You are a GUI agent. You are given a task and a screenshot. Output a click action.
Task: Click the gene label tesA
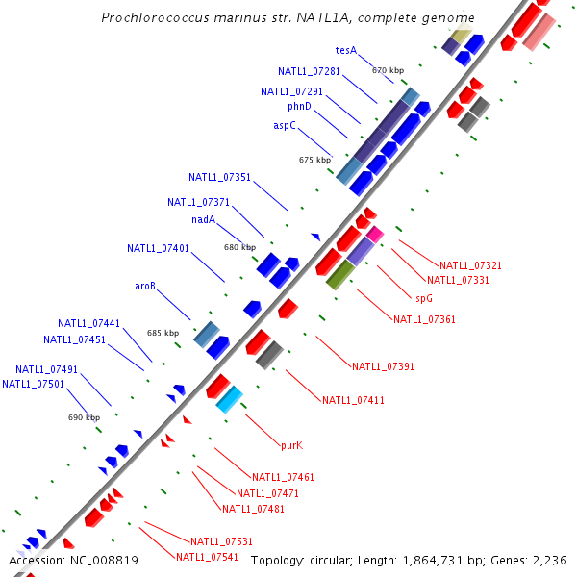pyautogui.click(x=346, y=49)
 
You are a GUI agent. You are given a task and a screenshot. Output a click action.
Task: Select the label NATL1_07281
pyautogui.click(x=309, y=71)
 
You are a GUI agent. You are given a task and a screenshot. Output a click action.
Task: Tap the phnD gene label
pyautogui.click(x=299, y=106)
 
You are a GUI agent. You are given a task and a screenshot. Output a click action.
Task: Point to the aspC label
pyautogui.click(x=285, y=125)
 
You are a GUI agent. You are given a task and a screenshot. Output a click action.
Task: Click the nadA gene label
pyautogui.click(x=203, y=219)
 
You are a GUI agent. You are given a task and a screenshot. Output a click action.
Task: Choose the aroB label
pyautogui.click(x=145, y=286)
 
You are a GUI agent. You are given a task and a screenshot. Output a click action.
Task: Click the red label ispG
pyautogui.click(x=422, y=298)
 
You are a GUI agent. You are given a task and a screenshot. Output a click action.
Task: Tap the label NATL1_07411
pyautogui.click(x=353, y=400)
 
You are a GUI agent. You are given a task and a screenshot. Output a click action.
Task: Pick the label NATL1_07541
pyautogui.click(x=207, y=557)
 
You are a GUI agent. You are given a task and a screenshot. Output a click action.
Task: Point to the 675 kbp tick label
pyautogui.click(x=314, y=160)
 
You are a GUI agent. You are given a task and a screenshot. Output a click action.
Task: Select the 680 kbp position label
pyautogui.click(x=239, y=247)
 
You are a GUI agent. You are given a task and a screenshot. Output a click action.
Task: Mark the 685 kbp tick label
pyautogui.click(x=163, y=333)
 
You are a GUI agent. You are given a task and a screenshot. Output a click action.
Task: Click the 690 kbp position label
pyautogui.click(x=84, y=417)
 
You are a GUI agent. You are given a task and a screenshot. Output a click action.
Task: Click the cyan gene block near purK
pyautogui.click(x=230, y=399)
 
